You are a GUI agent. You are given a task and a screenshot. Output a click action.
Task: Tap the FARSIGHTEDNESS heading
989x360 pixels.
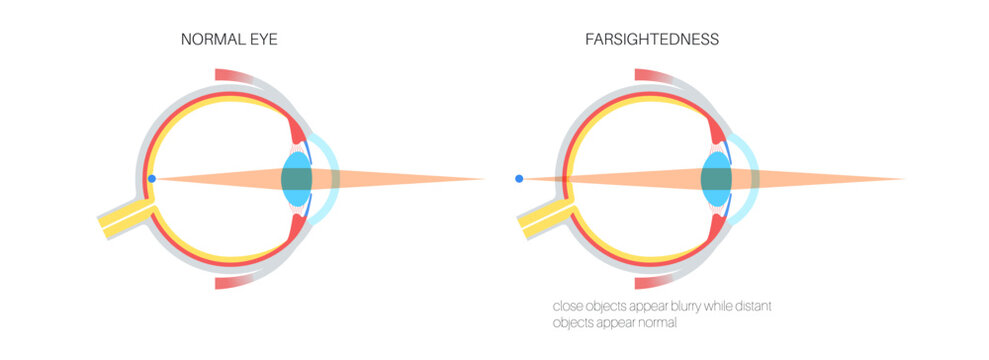point(652,40)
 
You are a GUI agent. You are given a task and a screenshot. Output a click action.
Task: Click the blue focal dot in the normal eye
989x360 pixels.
point(151,179)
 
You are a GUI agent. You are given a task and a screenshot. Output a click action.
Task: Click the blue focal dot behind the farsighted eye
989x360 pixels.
point(518,179)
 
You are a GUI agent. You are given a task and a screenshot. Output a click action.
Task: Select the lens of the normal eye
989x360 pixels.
point(297,179)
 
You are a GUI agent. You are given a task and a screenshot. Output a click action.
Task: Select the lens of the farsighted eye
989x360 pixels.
point(716,179)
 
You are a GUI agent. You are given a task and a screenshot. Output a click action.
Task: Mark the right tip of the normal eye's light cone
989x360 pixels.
point(485,180)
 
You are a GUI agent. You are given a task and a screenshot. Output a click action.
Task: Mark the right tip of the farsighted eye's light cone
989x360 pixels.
point(905,180)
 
